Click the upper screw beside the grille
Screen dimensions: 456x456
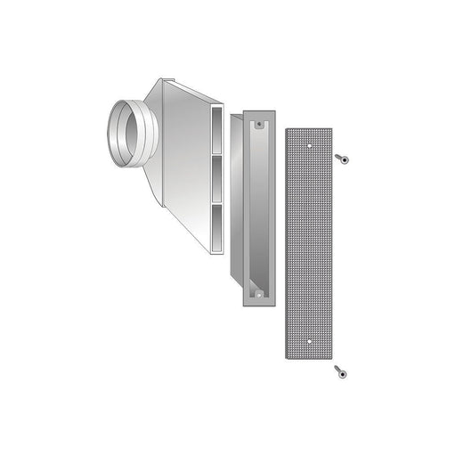pyautogui.click(x=342, y=159)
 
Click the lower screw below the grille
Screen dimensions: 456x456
pyautogui.click(x=340, y=371)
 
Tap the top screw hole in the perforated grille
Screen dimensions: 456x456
pyautogui.click(x=308, y=142)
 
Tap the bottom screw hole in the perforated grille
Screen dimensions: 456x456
pyautogui.click(x=308, y=341)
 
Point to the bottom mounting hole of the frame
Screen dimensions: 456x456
pyautogui.click(x=259, y=293)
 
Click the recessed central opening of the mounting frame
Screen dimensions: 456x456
pyautogui.click(x=259, y=209)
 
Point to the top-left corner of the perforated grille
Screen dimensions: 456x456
pyautogui.click(x=287, y=130)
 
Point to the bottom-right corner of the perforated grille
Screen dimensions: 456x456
pyautogui.click(x=330, y=357)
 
